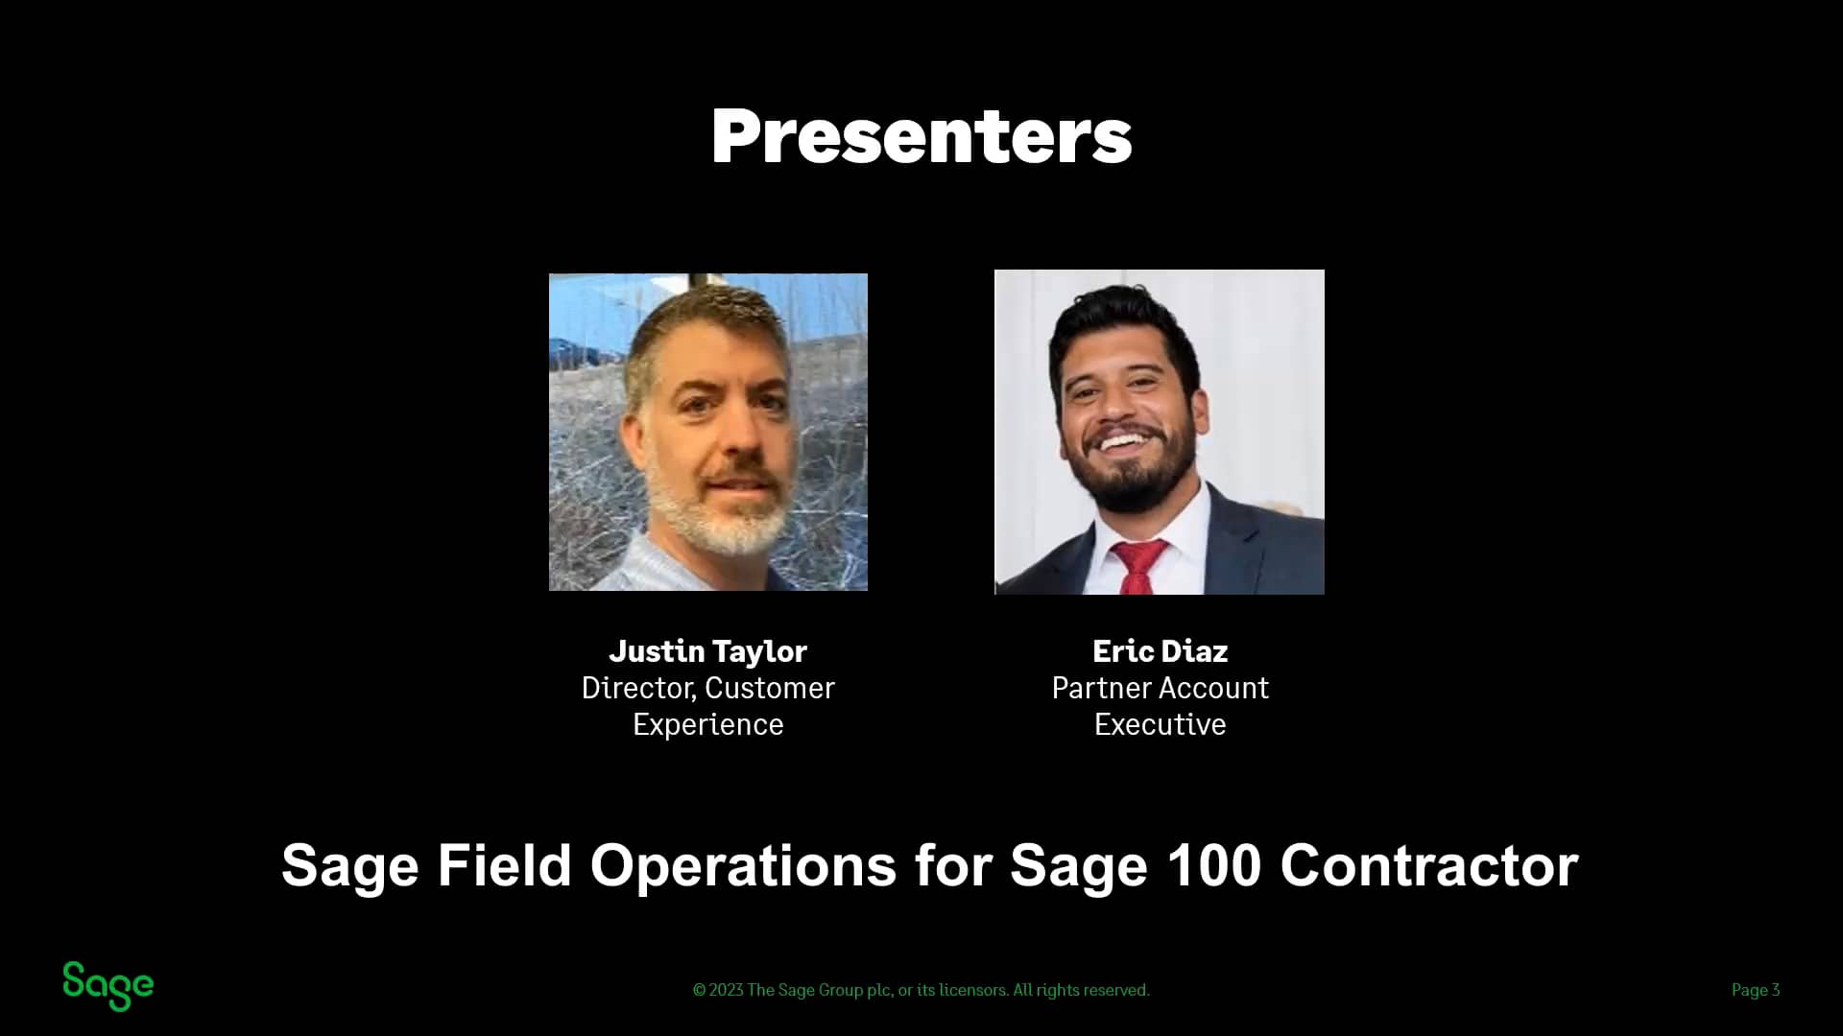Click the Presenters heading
(921, 136)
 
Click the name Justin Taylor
(707, 651)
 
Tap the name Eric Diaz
(1160, 651)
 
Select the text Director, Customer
(707, 688)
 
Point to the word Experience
(707, 724)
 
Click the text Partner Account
(1160, 688)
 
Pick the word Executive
(1160, 724)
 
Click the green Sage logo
(108, 986)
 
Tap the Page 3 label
(1755, 990)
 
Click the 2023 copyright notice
(921, 990)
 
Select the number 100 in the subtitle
(1213, 865)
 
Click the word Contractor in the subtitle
(1428, 865)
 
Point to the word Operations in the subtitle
(742, 865)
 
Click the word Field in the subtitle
(504, 865)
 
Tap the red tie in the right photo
(1139, 566)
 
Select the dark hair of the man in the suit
(1123, 317)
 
